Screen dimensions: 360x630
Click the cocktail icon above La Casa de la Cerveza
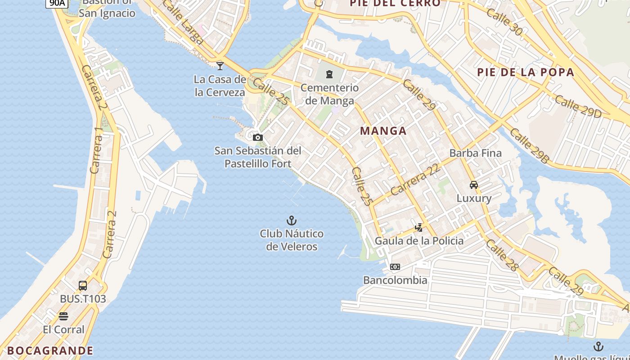(x=220, y=66)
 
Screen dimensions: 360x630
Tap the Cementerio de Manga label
(x=329, y=94)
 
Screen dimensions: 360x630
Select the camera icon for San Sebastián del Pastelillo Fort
(x=257, y=137)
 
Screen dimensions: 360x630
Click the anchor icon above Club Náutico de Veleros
(x=292, y=220)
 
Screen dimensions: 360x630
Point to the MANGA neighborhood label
(x=383, y=131)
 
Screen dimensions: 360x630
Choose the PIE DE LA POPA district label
(x=526, y=72)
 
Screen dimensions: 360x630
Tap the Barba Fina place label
(x=475, y=153)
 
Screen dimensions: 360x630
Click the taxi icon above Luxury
(x=474, y=184)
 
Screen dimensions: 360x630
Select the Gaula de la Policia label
(x=419, y=241)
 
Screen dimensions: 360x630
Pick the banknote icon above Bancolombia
(x=395, y=267)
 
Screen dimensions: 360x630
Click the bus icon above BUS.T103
(x=83, y=285)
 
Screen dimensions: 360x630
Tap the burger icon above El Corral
(x=63, y=316)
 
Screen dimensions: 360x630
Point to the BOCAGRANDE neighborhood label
(x=50, y=351)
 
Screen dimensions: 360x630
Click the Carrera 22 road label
(x=414, y=179)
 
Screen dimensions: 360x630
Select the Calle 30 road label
(x=504, y=22)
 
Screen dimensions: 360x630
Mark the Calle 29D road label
(x=577, y=107)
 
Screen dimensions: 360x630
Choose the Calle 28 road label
(x=502, y=255)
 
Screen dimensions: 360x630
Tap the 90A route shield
(x=57, y=3)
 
